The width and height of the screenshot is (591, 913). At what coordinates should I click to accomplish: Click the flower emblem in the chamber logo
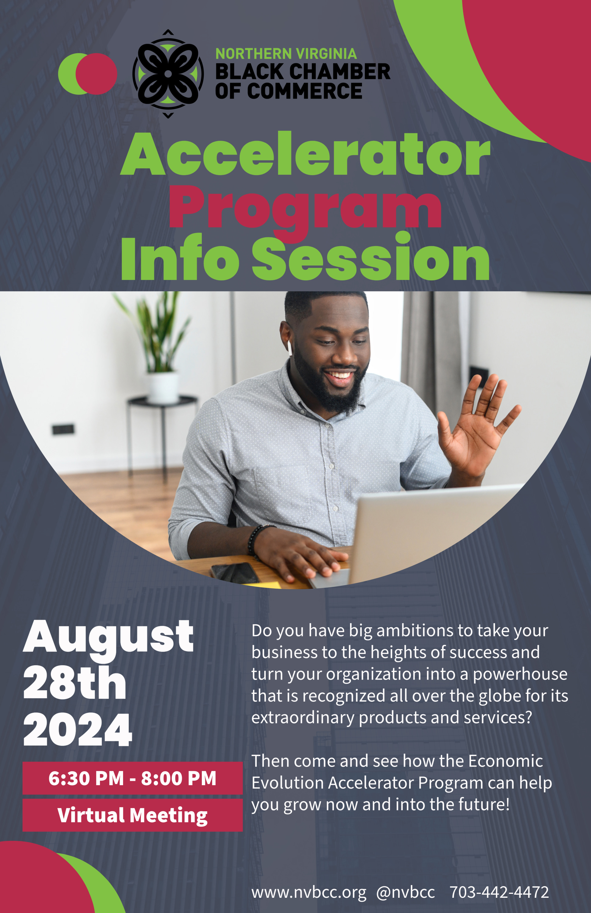(168, 74)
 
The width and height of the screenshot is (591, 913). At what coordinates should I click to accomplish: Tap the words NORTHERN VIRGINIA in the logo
(286, 54)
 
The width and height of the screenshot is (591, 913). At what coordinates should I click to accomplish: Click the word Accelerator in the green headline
(305, 154)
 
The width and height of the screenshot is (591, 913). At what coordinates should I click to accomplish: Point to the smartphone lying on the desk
(234, 573)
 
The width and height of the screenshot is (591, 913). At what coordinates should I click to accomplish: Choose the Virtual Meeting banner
(132, 815)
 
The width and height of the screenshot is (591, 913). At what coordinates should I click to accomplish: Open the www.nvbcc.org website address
(309, 892)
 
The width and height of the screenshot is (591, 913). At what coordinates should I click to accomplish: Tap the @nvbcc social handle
(405, 892)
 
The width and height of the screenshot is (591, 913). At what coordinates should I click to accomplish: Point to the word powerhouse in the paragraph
(520, 675)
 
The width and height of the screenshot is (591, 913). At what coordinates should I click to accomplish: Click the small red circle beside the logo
(96, 74)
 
